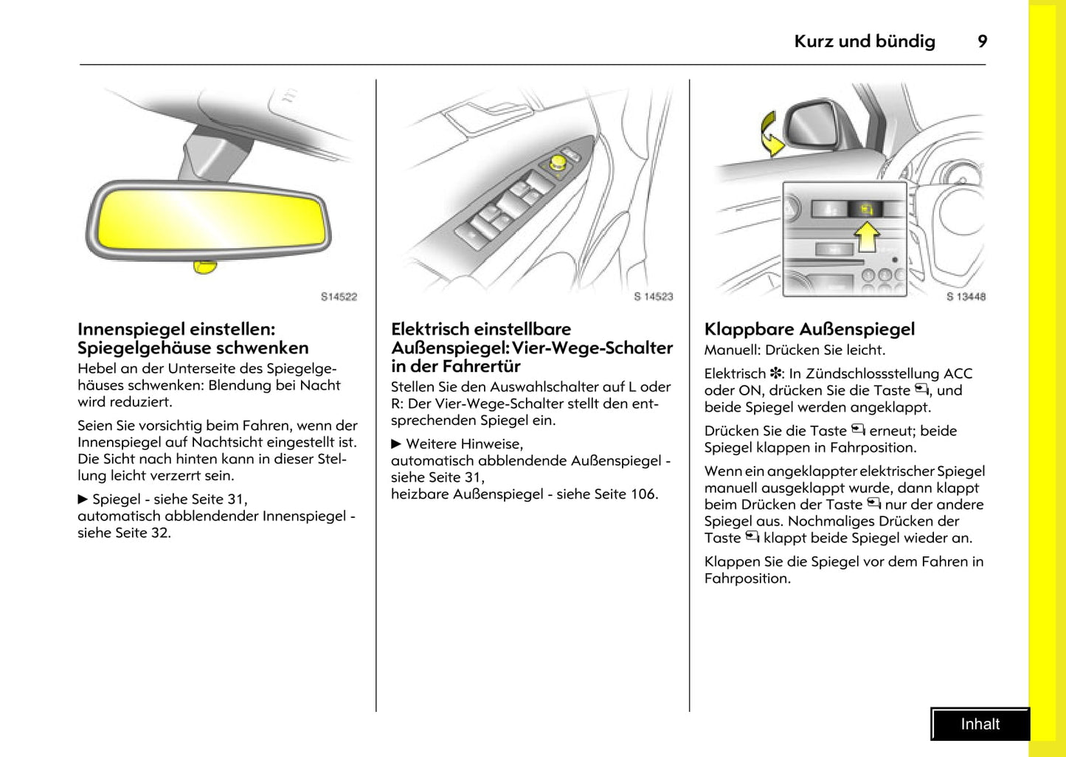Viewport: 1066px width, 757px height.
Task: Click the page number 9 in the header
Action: click(982, 41)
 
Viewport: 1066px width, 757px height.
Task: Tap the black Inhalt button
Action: click(980, 724)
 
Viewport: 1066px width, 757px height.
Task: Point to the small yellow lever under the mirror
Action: click(204, 266)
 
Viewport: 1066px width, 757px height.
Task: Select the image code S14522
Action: click(339, 297)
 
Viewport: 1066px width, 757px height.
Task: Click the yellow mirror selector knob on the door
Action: click(558, 162)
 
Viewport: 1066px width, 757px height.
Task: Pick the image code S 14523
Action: click(653, 297)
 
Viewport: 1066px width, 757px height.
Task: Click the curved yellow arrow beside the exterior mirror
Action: click(772, 134)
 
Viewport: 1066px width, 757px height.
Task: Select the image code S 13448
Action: click(966, 297)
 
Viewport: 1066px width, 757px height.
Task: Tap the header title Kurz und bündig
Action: click(864, 41)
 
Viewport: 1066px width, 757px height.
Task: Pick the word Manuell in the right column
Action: click(731, 350)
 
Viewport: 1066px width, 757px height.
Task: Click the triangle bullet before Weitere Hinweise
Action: click(396, 443)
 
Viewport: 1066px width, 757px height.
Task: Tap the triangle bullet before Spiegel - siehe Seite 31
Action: click(83, 499)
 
